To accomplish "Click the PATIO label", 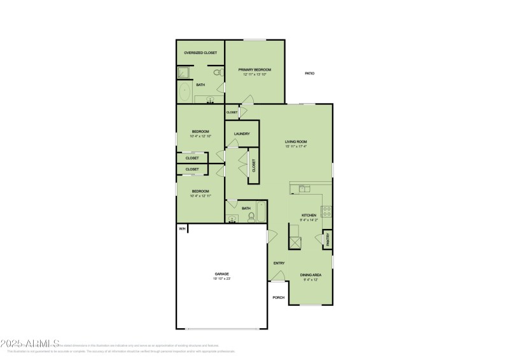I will pyautogui.click(x=309, y=74).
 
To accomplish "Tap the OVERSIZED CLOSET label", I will pyautogui.click(x=200, y=53).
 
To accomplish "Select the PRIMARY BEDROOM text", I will pyautogui.click(x=254, y=69).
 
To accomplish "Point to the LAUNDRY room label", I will pyautogui.click(x=242, y=134).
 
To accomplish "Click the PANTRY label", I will pyautogui.click(x=328, y=239).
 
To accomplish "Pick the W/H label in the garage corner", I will pyautogui.click(x=181, y=229).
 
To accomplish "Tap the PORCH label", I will pyautogui.click(x=278, y=297).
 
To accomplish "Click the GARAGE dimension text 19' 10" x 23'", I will pyautogui.click(x=221, y=279).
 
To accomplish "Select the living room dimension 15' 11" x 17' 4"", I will pyautogui.click(x=296, y=146).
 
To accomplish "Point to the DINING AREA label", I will pyautogui.click(x=310, y=275).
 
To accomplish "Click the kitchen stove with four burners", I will pyautogui.click(x=326, y=211).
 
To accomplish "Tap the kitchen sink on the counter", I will pyautogui.click(x=304, y=188).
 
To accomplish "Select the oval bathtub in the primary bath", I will pyautogui.click(x=185, y=93).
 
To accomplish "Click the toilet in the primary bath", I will pyautogui.click(x=217, y=73).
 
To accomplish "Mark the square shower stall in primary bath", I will pyautogui.click(x=182, y=73).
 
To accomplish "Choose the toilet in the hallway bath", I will pyautogui.click(x=251, y=217).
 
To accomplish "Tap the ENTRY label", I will pyautogui.click(x=279, y=263).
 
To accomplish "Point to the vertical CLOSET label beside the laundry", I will pyautogui.click(x=254, y=166).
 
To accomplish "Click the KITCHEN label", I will pyautogui.click(x=309, y=216).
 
